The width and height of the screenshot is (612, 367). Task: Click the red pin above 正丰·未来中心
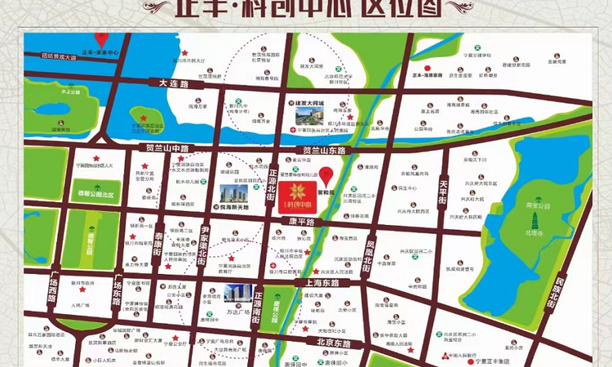[x=101, y=39]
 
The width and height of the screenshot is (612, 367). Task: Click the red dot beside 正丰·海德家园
[x=426, y=67]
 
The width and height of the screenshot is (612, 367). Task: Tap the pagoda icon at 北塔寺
[x=534, y=218]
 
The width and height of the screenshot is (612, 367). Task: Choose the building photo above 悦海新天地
[x=234, y=194]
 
